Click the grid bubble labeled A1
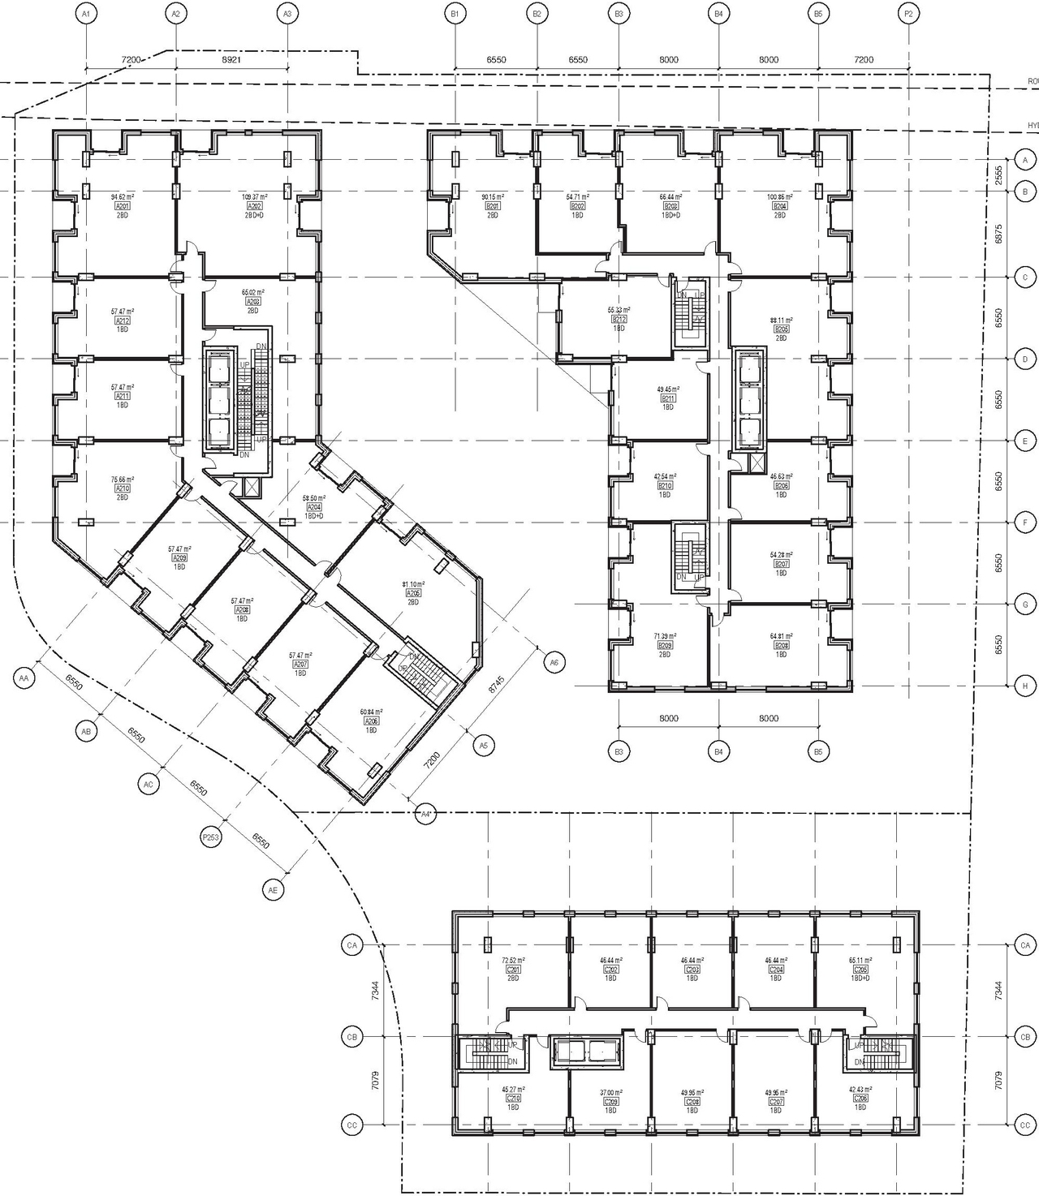(85, 14)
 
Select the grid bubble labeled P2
(909, 14)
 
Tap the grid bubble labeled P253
(211, 837)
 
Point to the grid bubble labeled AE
(274, 890)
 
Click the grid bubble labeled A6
(554, 663)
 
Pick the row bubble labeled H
(1025, 686)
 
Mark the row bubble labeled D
(1025, 359)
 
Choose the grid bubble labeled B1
(455, 14)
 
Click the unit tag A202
(254, 206)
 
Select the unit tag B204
(780, 206)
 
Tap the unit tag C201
(513, 970)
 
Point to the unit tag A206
(371, 721)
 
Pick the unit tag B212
(619, 320)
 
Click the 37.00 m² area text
(610, 1093)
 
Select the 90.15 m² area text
(493, 197)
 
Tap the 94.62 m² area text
(122, 197)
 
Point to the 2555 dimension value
(999, 175)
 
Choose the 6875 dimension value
(999, 234)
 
